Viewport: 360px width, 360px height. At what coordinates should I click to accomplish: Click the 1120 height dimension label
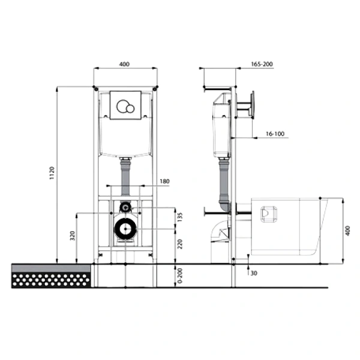pos(52,173)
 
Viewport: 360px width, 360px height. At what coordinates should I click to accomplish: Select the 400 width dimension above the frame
pos(124,64)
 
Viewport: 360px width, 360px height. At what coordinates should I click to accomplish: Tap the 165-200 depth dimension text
pos(262,64)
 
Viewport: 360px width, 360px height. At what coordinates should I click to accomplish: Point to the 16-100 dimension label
pos(275,134)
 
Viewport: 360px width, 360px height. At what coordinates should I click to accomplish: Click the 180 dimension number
pos(164,181)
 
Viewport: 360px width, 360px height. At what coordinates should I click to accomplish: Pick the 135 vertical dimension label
pos(180,217)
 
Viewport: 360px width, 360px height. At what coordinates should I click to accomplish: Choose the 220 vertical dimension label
pos(180,244)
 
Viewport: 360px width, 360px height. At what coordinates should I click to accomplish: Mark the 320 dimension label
pos(73,236)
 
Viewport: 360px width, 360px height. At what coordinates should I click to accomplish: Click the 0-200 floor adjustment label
pos(180,275)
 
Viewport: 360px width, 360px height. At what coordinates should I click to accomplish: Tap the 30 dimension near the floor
pos(254,273)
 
